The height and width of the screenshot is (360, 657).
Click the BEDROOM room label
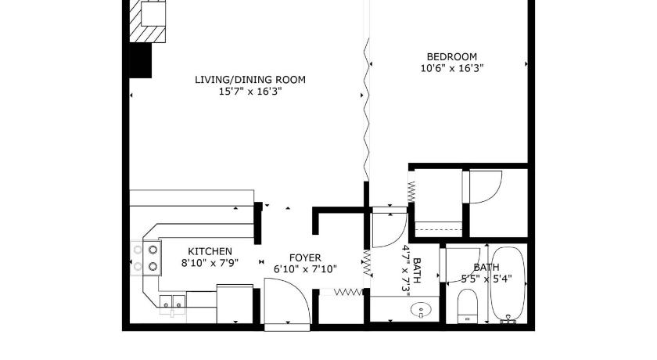[452, 56]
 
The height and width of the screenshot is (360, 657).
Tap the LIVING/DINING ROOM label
[250, 80]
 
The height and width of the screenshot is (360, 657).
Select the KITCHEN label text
[210, 251]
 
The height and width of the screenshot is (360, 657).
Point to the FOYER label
[305, 257]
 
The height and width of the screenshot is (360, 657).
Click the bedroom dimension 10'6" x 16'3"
[452, 68]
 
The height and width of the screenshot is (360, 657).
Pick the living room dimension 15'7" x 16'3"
[250, 92]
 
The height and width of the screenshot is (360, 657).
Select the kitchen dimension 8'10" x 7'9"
[210, 263]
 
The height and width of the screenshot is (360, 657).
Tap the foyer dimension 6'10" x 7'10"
[305, 269]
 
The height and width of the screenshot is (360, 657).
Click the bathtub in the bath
[508, 285]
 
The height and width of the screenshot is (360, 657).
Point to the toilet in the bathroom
[468, 306]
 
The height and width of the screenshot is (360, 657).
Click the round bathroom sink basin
[421, 311]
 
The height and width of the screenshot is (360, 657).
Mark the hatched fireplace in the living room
[148, 21]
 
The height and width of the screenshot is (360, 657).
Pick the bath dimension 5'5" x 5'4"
[486, 279]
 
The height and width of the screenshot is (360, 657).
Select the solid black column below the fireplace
[140, 60]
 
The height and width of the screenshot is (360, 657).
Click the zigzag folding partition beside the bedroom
[368, 110]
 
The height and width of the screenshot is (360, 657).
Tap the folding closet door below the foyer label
[347, 292]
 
